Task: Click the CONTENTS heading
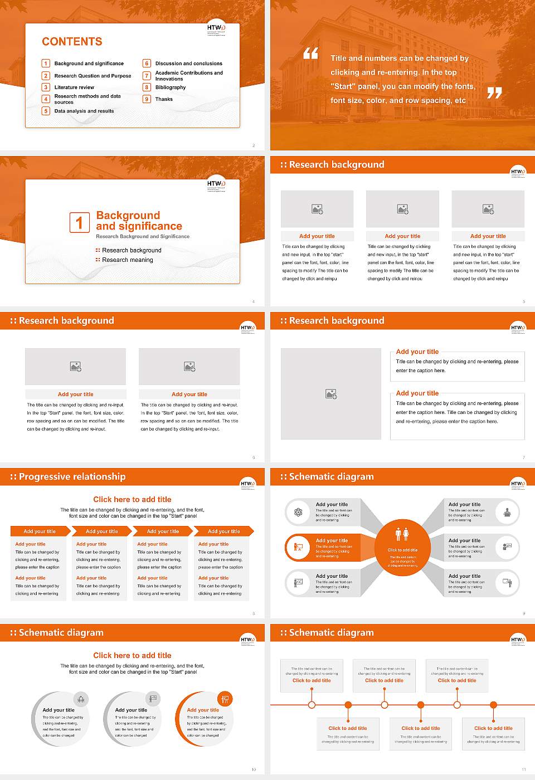[72, 42]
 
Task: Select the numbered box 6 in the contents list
[147, 64]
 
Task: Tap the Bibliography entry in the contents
[171, 87]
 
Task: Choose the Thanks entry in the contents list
[164, 99]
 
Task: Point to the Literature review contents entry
[74, 87]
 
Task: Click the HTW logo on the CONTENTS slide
[216, 29]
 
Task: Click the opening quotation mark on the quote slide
[310, 53]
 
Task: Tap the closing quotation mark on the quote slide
[494, 93]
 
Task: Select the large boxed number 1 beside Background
[79, 222]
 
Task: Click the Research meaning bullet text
[127, 260]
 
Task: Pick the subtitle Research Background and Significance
[143, 237]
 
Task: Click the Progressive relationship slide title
[72, 477]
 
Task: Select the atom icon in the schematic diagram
[298, 512]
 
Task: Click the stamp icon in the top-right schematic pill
[507, 512]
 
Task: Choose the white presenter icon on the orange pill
[298, 547]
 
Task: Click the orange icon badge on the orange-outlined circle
[225, 699]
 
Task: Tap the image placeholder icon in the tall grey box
[331, 394]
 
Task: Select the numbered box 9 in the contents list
[147, 99]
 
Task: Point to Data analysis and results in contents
[84, 111]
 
